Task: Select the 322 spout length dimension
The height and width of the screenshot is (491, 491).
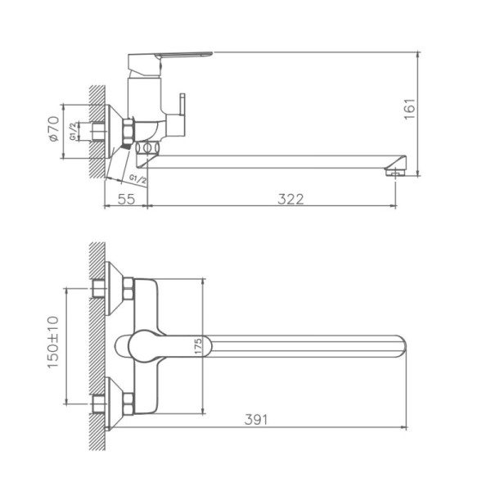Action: (x=289, y=199)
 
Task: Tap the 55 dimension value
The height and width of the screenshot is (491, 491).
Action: (x=126, y=199)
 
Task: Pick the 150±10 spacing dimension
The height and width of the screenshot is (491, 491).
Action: (x=54, y=345)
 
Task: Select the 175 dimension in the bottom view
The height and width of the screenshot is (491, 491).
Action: (x=197, y=346)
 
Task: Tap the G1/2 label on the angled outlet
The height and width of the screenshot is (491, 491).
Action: (x=138, y=178)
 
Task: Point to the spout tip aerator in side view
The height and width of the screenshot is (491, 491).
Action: (x=395, y=170)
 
